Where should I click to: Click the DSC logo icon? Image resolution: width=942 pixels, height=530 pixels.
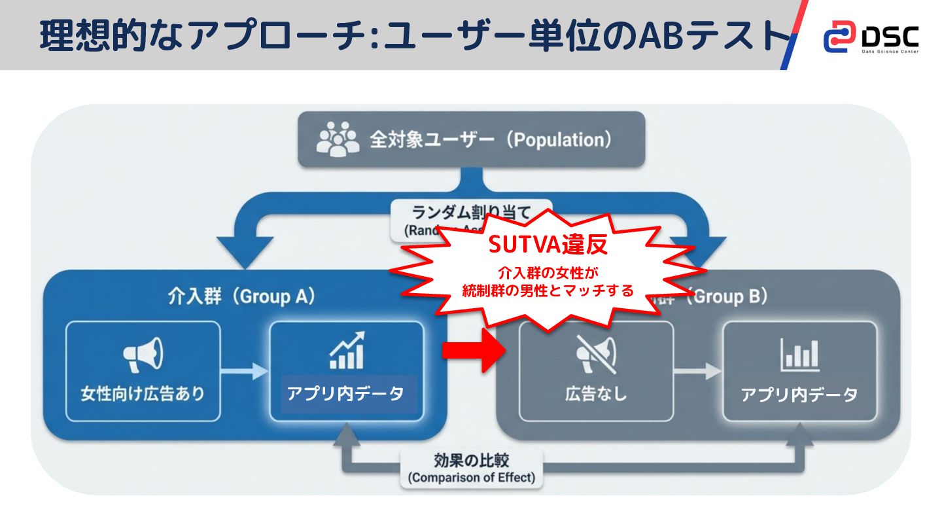click(839, 37)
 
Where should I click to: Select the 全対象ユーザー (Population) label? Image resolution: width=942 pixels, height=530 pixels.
click(491, 140)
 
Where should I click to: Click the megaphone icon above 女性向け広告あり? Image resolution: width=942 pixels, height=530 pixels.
click(143, 354)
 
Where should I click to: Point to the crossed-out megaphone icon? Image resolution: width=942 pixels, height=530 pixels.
click(595, 354)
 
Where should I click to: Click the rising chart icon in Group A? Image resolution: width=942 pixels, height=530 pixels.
click(347, 351)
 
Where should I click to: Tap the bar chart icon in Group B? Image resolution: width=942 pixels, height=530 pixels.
click(799, 354)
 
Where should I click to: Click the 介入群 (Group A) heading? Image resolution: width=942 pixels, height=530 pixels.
click(241, 296)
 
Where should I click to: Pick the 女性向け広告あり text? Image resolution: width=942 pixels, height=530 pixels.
click(143, 394)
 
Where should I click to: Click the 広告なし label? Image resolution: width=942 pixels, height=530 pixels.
click(595, 394)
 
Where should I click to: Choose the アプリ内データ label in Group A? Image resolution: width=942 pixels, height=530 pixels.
click(345, 394)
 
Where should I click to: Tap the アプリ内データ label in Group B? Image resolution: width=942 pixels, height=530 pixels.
click(799, 395)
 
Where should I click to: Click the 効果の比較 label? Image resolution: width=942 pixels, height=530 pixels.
click(471, 459)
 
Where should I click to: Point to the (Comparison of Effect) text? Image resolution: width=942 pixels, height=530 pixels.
click(471, 478)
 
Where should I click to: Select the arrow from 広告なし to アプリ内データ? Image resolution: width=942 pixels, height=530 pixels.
click(697, 371)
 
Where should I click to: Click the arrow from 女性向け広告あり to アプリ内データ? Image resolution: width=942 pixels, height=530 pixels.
click(245, 371)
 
